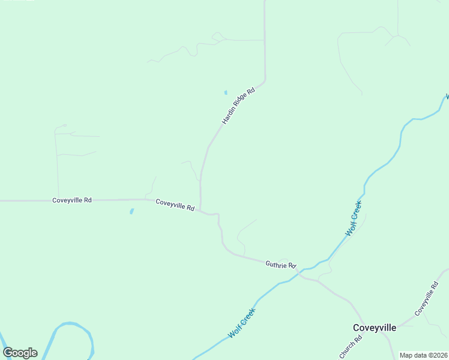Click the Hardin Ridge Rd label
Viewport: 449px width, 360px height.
coord(238,106)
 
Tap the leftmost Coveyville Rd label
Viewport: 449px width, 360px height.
coord(72,200)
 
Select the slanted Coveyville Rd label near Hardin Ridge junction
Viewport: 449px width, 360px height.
coord(175,205)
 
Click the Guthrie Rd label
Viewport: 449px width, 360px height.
coord(281,265)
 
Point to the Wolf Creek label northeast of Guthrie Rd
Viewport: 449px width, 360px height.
coord(354,218)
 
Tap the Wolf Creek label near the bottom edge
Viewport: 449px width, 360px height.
coord(241,323)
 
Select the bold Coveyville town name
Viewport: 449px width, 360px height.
coord(374,328)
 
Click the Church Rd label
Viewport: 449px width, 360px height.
coord(351,347)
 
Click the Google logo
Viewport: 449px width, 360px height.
coord(20,353)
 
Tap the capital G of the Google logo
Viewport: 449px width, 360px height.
coord(8,353)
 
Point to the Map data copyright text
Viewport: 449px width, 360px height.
coord(423,355)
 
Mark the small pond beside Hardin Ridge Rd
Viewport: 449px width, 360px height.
coord(226,92)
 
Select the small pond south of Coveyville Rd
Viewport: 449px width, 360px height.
coord(131,211)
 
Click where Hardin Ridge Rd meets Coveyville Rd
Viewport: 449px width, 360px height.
coord(200,209)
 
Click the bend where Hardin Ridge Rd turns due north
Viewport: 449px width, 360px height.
coord(265,78)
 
